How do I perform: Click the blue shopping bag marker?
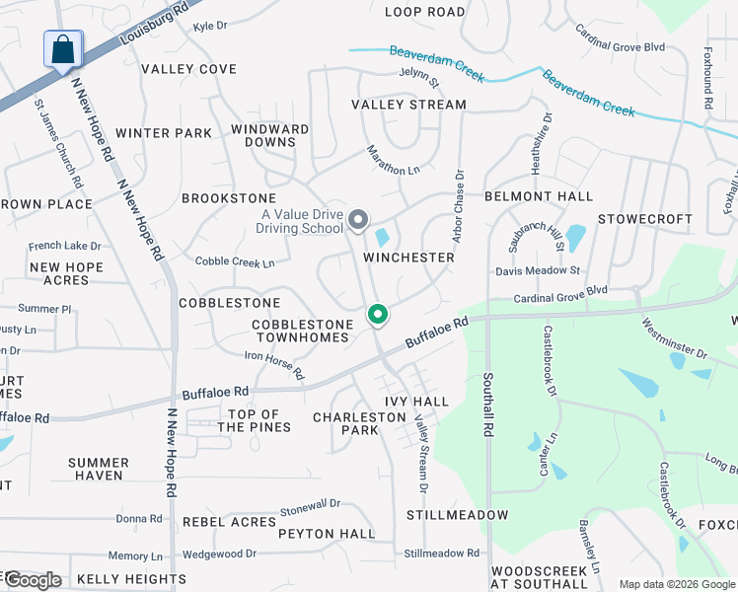[x=63, y=49]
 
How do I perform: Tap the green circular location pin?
[x=377, y=315]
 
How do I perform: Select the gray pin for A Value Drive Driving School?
[x=358, y=219]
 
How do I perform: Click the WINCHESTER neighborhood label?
[x=408, y=258]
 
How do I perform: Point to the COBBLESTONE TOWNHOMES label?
[x=301, y=331]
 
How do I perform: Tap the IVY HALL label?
[x=416, y=402]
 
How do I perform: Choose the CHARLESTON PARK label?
[x=359, y=423]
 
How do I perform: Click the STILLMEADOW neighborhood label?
[x=457, y=515]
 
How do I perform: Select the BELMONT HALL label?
[x=539, y=196]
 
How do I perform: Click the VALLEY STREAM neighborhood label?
[x=408, y=105]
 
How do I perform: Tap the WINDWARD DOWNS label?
[x=269, y=135]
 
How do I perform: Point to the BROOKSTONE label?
[x=229, y=198]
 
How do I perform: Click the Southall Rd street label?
[x=486, y=405]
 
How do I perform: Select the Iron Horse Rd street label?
[x=275, y=365]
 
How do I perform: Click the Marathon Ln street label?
[x=393, y=161]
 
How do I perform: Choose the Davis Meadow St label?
[x=538, y=270]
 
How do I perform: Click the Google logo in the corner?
[x=33, y=579]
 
